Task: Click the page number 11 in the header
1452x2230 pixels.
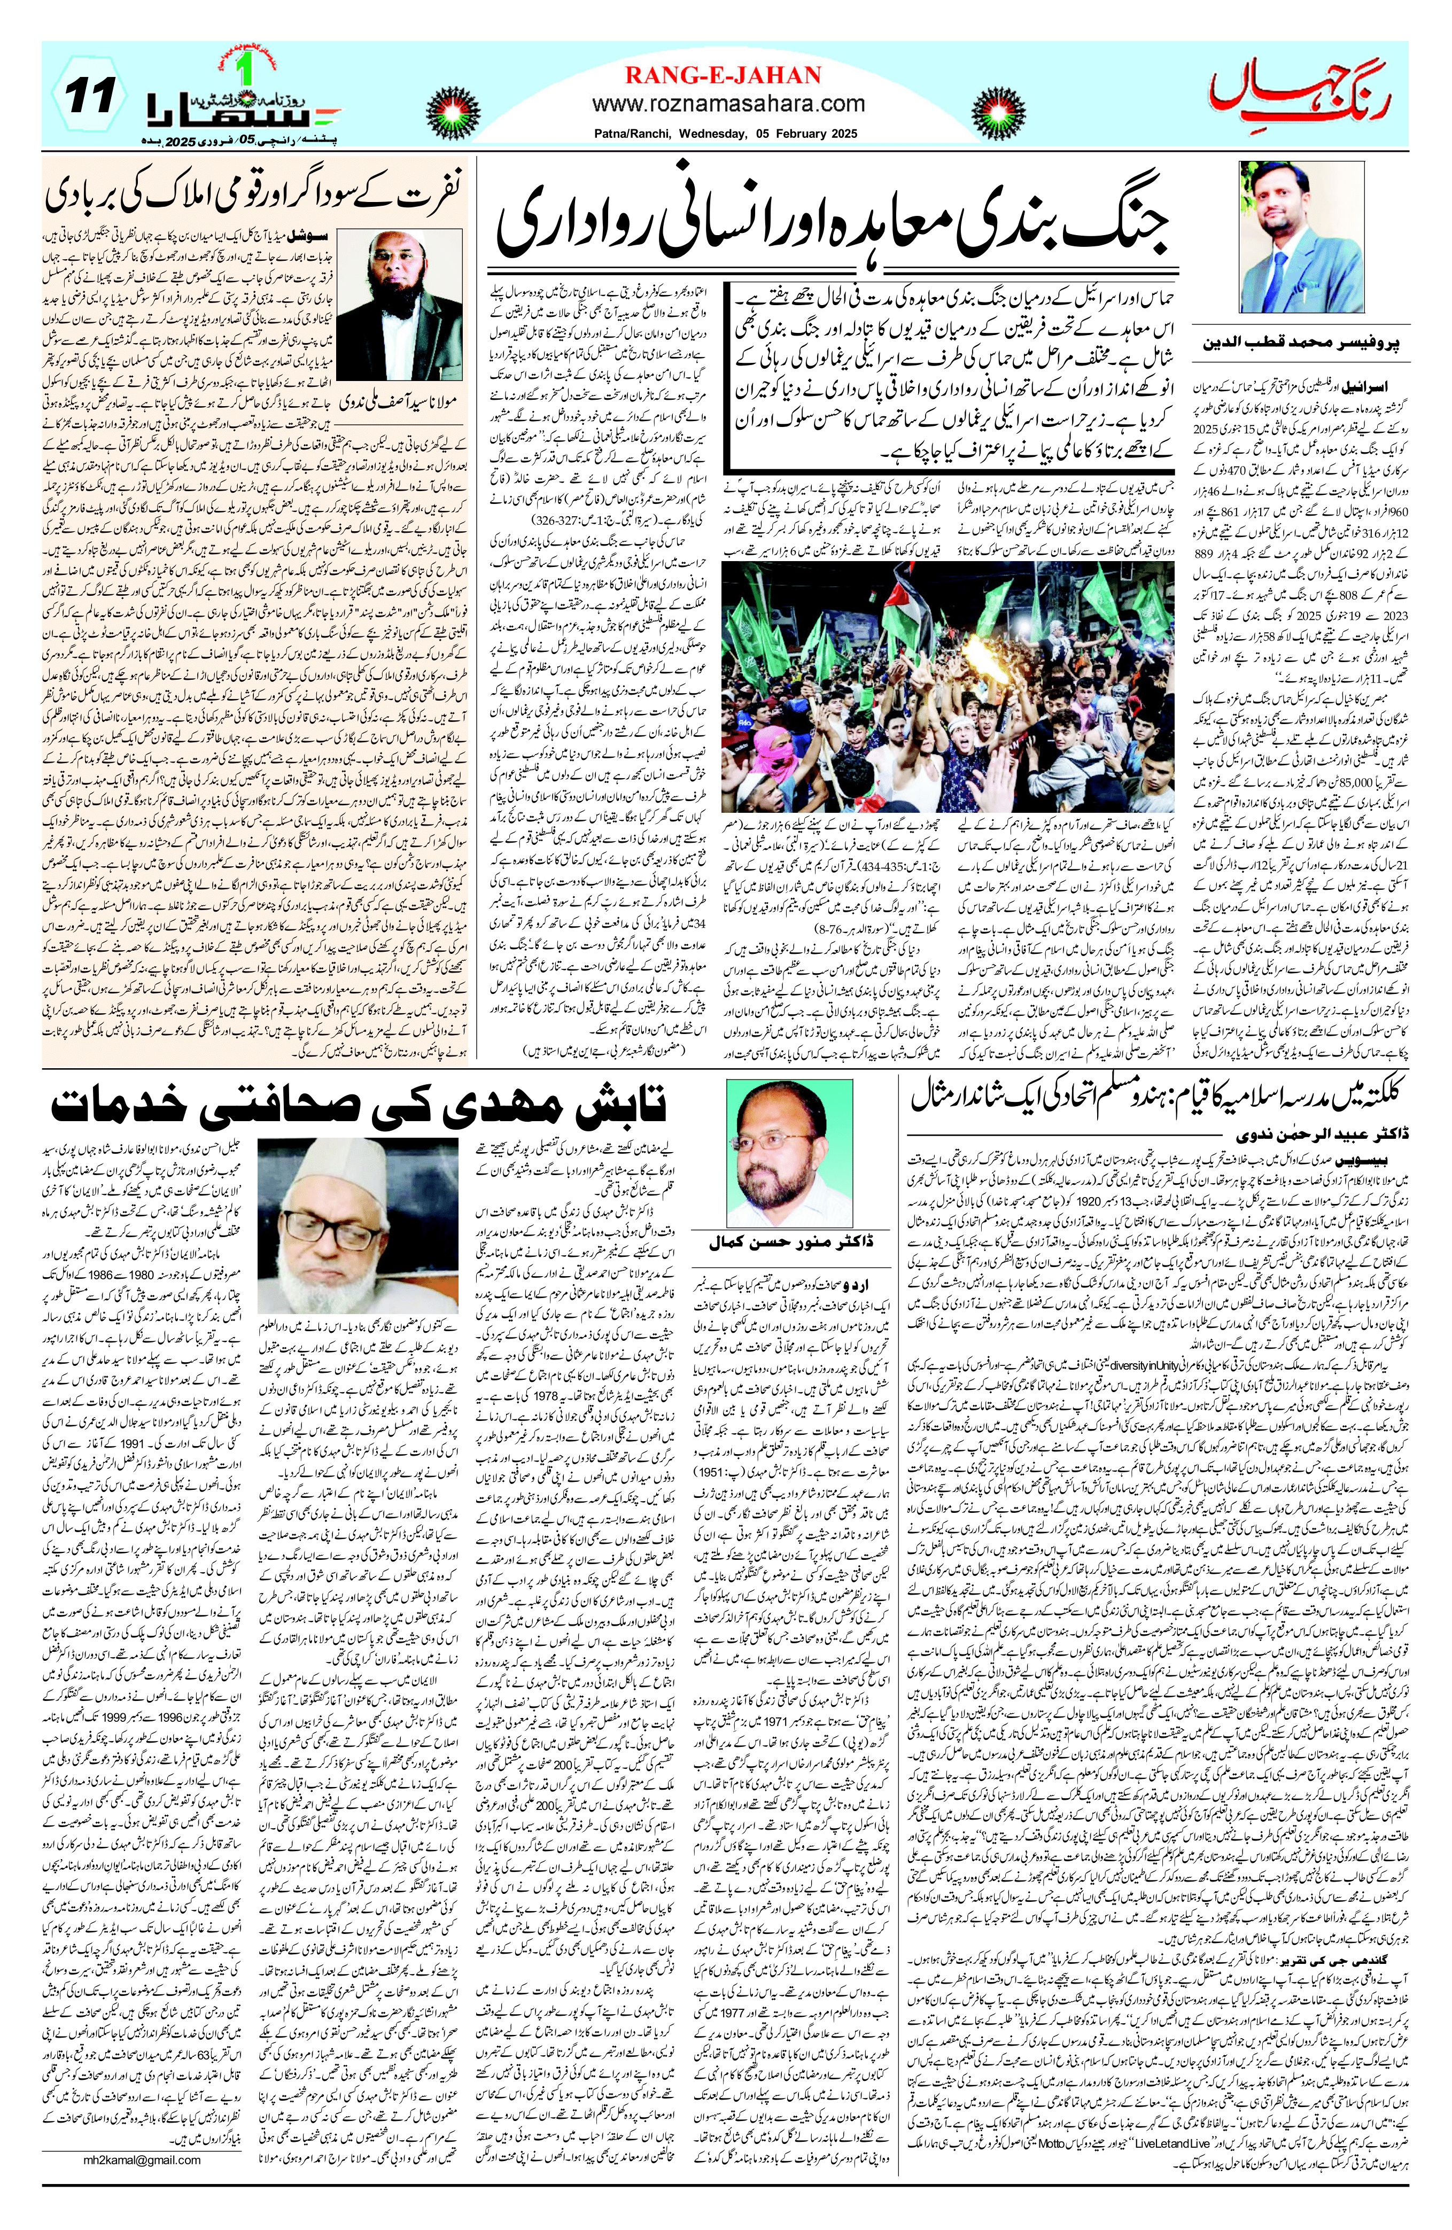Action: pos(91,97)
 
